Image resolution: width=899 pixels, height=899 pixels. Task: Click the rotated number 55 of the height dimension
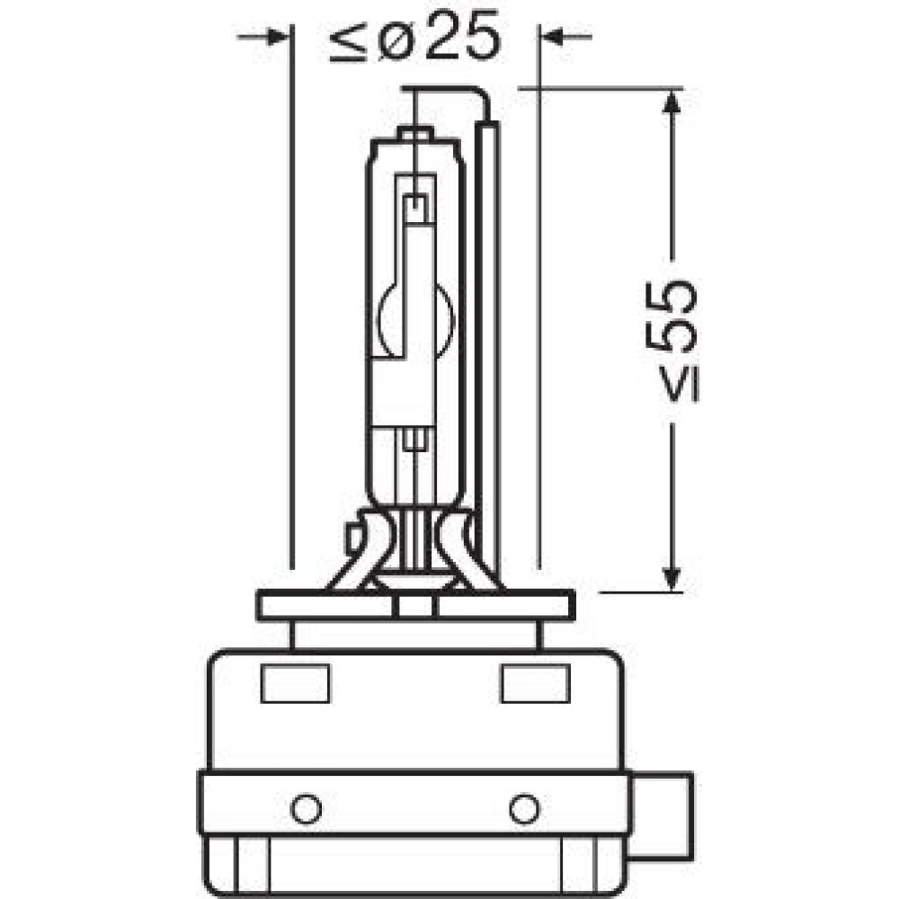671,316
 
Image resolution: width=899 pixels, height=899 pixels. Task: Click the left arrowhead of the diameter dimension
277,37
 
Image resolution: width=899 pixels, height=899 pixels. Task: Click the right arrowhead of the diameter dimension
552,37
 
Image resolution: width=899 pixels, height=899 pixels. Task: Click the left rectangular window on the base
295,683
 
